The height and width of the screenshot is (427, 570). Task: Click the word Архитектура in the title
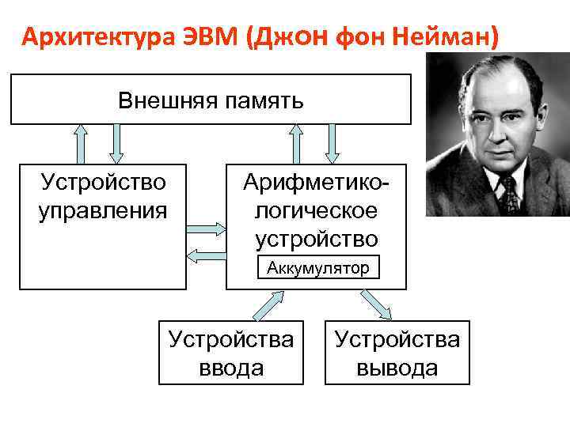pos(95,37)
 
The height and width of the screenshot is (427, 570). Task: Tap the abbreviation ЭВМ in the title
pos(207,37)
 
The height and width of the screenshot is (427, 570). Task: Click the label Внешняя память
pos(211,100)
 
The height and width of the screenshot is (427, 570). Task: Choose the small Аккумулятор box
pos(317,268)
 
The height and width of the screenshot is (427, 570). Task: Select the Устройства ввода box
pos(230,353)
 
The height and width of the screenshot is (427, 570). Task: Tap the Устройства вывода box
pos(397,353)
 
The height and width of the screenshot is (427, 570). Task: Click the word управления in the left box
pos(103,211)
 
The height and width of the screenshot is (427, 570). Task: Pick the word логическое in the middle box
pos(316,211)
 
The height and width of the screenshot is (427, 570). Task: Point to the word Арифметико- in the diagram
pos(316,184)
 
